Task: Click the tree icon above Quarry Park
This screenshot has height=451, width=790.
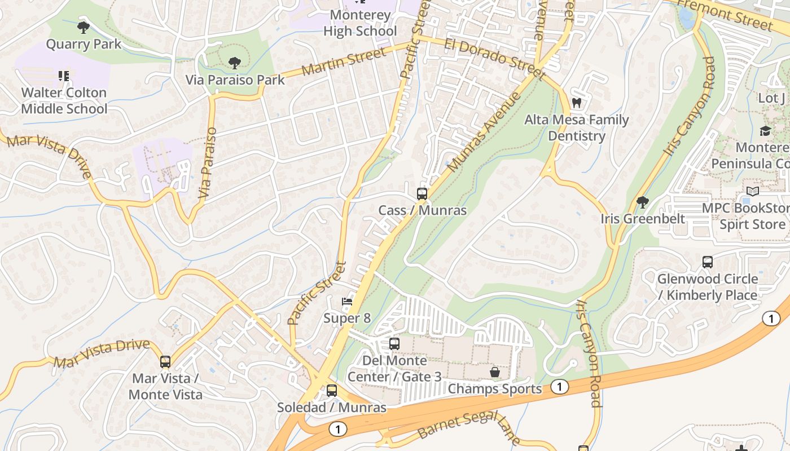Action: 84,27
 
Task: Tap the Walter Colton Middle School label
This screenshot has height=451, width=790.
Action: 64,100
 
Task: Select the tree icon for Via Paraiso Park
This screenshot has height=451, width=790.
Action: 234,63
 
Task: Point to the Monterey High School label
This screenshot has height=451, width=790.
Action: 360,23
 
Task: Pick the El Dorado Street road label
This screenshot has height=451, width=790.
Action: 494,59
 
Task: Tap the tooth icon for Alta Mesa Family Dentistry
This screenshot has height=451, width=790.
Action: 576,103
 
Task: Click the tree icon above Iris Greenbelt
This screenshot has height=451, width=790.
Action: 642,202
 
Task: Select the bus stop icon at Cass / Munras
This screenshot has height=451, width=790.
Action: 422,194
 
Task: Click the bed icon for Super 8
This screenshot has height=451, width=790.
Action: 347,302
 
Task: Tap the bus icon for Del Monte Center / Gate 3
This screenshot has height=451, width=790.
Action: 394,343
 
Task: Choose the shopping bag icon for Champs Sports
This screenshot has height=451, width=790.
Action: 495,372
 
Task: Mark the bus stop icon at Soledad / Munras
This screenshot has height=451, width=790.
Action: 332,390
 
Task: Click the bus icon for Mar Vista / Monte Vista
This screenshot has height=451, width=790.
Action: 165,361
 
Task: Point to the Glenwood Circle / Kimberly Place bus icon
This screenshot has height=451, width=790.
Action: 708,262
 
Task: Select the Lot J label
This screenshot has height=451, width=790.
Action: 771,98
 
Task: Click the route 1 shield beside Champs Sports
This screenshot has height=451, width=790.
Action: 559,387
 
